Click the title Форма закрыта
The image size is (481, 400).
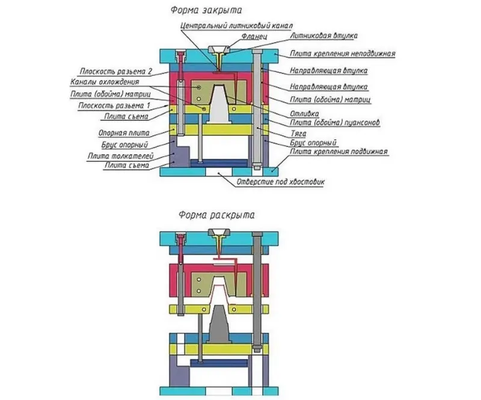point(206,10)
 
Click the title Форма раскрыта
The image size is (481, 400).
point(216,215)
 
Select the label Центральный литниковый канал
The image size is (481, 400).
point(236,25)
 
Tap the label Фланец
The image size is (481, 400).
point(254,37)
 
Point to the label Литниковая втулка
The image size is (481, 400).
point(323,35)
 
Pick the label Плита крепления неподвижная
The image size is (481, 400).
point(343,54)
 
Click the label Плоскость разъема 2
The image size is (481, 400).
point(116,72)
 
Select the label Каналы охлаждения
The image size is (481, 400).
point(105,82)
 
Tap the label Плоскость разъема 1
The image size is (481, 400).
point(114,106)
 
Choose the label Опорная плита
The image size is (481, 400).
point(124,133)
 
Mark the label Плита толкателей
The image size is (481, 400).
point(120,156)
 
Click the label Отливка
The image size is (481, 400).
point(304,114)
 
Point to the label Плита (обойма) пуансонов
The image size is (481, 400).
point(335,123)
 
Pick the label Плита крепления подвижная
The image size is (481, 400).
point(339,152)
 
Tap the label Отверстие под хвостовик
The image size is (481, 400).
point(280,182)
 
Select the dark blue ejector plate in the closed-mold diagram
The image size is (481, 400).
point(219,164)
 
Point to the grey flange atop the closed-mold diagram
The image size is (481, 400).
point(219,49)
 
